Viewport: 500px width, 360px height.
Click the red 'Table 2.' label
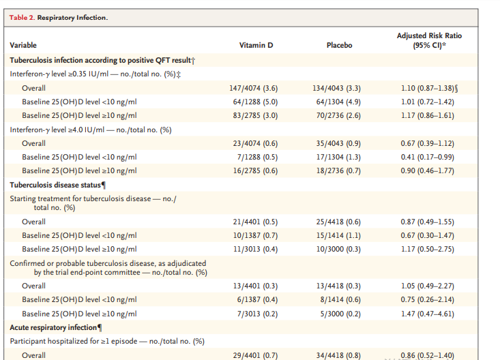click(22, 18)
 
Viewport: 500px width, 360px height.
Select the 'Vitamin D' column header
click(256, 45)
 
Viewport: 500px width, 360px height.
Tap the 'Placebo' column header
click(339, 45)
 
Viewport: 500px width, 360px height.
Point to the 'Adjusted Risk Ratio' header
click(429, 35)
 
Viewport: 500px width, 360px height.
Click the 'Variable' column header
click(23, 45)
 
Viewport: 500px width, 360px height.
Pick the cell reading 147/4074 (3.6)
click(254, 89)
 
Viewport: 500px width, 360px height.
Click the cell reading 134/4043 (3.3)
click(337, 89)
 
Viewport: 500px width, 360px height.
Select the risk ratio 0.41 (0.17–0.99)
click(427, 157)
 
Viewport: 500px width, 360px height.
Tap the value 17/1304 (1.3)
click(338, 157)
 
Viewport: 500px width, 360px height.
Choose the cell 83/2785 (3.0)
click(255, 115)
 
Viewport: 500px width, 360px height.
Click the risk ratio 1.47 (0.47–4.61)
click(427, 314)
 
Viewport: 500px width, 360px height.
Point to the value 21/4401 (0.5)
click(255, 222)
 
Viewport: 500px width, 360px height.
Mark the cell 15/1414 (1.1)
click(338, 236)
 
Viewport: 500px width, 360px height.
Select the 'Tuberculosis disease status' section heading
click(55, 185)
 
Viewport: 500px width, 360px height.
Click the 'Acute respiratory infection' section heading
click(53, 327)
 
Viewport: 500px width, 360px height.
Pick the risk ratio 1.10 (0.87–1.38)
click(427, 89)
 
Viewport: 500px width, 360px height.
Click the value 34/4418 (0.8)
click(338, 355)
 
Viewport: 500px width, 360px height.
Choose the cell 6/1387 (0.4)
click(257, 300)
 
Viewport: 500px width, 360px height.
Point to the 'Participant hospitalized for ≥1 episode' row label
click(74, 342)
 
